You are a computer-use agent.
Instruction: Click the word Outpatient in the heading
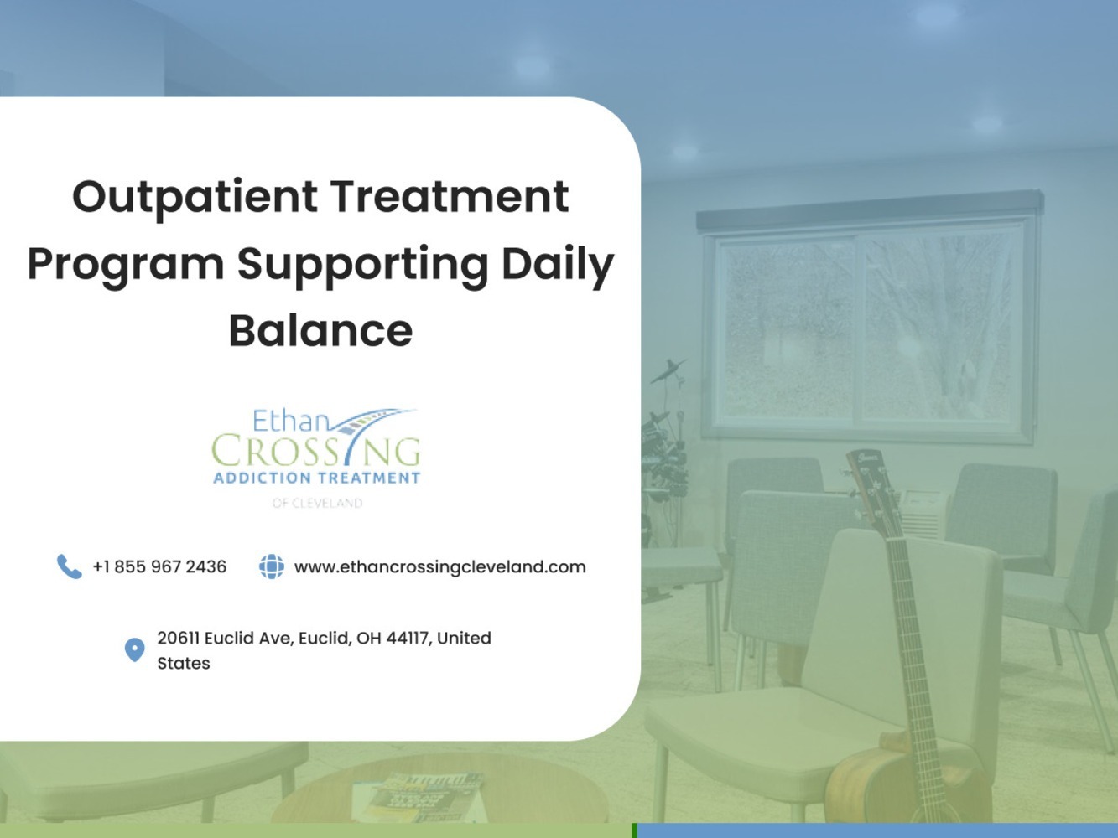pos(195,198)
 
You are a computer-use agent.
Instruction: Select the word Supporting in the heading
pos(362,265)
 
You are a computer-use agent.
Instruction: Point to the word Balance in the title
pos(320,331)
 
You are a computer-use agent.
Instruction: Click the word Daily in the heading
pos(558,265)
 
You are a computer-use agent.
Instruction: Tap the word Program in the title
pos(126,265)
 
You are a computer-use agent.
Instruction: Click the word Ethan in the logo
pos(291,422)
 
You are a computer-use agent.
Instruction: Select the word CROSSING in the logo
pos(316,450)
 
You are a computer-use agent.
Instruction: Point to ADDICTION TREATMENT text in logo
pos(316,478)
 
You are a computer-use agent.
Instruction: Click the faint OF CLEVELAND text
pos(317,503)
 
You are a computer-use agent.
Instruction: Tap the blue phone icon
pos(70,566)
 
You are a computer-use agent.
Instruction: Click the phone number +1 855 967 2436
pos(159,566)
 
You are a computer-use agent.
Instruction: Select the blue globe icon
pos(272,566)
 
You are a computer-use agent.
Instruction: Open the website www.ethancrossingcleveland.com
pos(440,567)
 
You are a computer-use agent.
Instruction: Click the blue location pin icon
pos(134,649)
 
